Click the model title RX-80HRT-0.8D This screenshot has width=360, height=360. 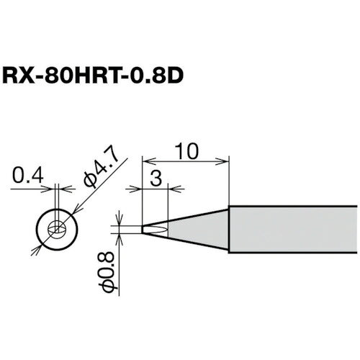pyautogui.click(x=93, y=76)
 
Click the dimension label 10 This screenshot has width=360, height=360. pyautogui.click(x=186, y=151)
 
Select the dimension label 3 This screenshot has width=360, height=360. pyautogui.click(x=156, y=179)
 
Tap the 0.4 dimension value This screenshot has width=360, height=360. pyautogui.click(x=28, y=176)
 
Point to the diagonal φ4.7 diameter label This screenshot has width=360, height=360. pyautogui.click(x=102, y=171)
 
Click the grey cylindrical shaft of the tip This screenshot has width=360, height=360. pyautogui.click(x=293, y=229)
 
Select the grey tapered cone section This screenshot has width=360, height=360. pyautogui.click(x=198, y=229)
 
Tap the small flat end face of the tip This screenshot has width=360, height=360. pyautogui.click(x=143, y=229)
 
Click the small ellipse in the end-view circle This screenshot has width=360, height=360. pyautogui.click(x=57, y=229)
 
